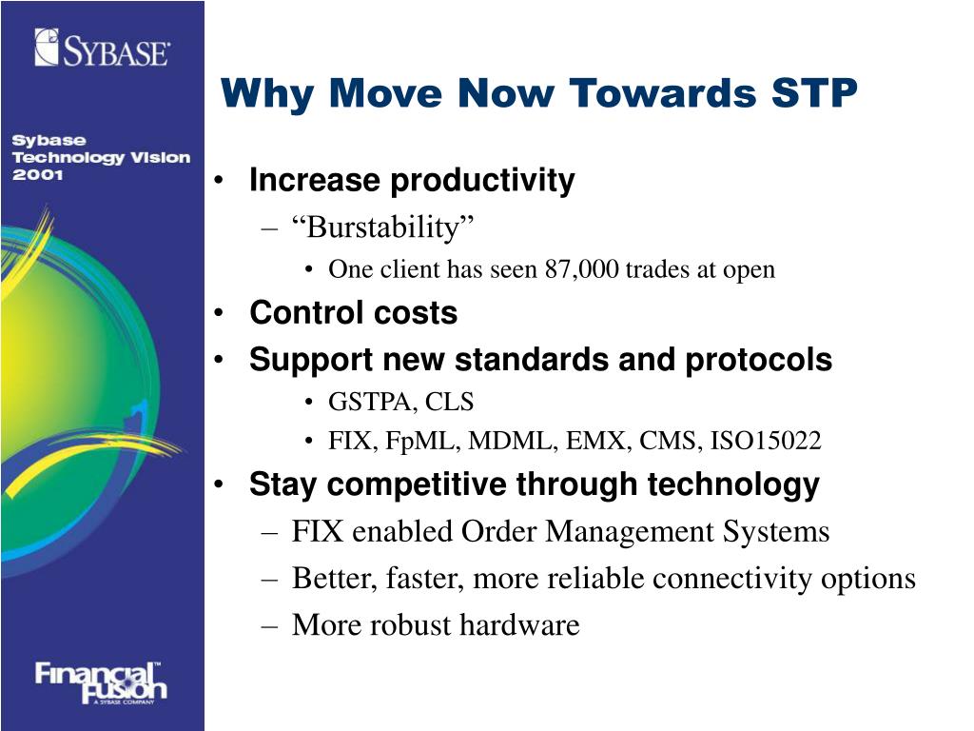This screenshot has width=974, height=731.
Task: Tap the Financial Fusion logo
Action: pos(101,682)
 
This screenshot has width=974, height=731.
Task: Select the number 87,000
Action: pos(582,269)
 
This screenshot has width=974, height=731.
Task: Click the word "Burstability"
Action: pos(383,227)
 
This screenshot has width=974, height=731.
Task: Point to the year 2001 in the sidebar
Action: pos(37,175)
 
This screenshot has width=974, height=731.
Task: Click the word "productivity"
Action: pos(482,181)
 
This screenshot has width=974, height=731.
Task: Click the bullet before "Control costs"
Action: pos(219,312)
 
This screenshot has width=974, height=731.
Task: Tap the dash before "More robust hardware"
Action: pos(269,624)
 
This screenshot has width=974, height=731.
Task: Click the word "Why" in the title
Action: pos(267,94)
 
